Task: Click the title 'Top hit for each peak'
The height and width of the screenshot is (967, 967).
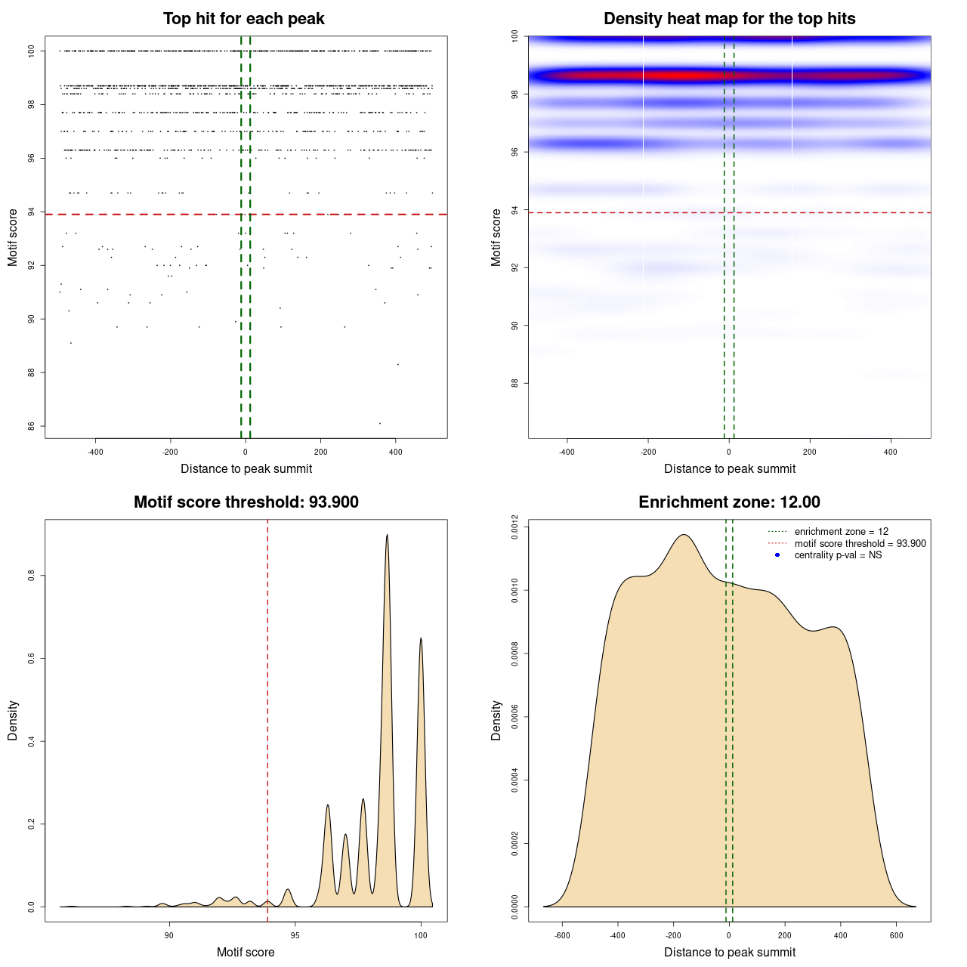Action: [243, 19]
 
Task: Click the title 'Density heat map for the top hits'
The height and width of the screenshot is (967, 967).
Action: [729, 19]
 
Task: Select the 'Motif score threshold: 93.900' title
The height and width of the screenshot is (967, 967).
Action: [246, 502]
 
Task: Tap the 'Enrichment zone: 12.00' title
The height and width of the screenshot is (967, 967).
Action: [729, 502]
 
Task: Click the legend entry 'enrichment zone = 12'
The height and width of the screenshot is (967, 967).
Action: [841, 532]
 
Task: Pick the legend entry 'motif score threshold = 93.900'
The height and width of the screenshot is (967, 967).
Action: [860, 544]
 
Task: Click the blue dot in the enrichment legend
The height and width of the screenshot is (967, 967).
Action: [777, 555]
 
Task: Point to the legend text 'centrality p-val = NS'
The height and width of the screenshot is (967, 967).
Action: [838, 555]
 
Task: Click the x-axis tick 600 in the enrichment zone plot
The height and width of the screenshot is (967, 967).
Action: [897, 935]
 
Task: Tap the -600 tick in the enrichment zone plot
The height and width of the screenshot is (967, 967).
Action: [562, 935]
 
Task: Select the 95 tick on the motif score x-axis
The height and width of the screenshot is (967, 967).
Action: [295, 935]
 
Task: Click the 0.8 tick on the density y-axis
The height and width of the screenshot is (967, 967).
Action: [32, 576]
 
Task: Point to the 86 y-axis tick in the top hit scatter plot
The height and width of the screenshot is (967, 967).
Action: [32, 426]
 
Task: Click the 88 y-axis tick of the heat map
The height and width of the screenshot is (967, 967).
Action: [515, 383]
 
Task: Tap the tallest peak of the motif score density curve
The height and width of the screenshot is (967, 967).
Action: [388, 536]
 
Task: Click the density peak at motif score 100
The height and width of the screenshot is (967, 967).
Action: [421, 639]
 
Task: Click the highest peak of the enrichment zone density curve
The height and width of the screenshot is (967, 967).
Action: [684, 535]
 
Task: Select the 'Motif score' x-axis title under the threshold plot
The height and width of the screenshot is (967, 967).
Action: [246, 952]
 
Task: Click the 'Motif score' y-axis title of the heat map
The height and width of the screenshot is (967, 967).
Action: [496, 237]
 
